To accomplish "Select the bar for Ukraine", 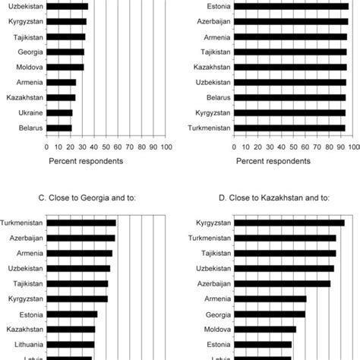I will pos(59,112).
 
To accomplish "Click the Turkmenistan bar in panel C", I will pos(81,223).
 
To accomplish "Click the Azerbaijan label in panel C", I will pos(24,238).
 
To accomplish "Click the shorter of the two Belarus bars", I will pos(58,128).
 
